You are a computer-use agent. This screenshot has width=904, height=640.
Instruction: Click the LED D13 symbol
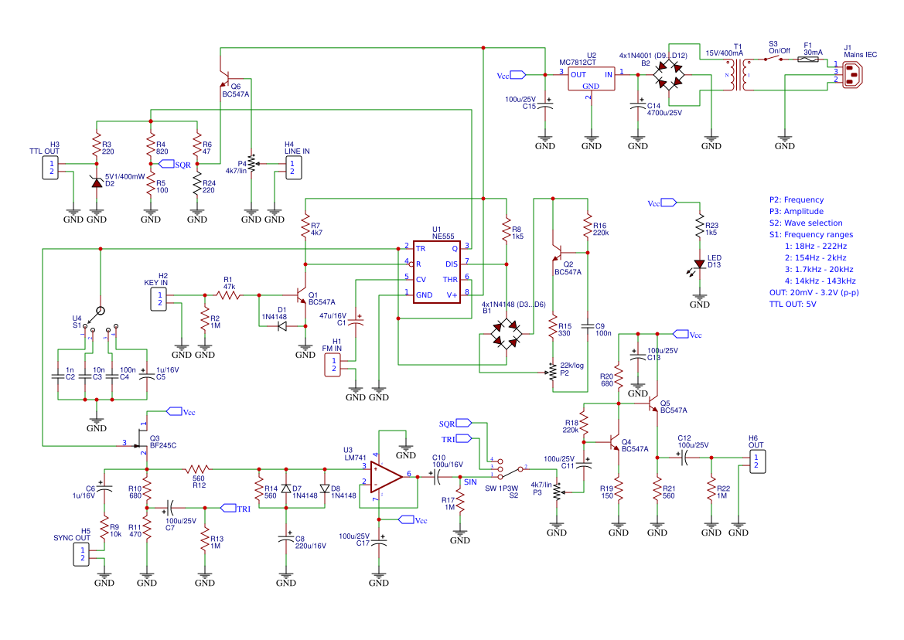pyautogui.click(x=700, y=265)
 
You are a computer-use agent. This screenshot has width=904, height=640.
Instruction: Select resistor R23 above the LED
pyautogui.click(x=700, y=228)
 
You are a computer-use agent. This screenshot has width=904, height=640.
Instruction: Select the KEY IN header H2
pyautogui.click(x=159, y=298)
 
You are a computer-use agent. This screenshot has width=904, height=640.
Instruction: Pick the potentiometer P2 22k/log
pyautogui.click(x=553, y=373)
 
